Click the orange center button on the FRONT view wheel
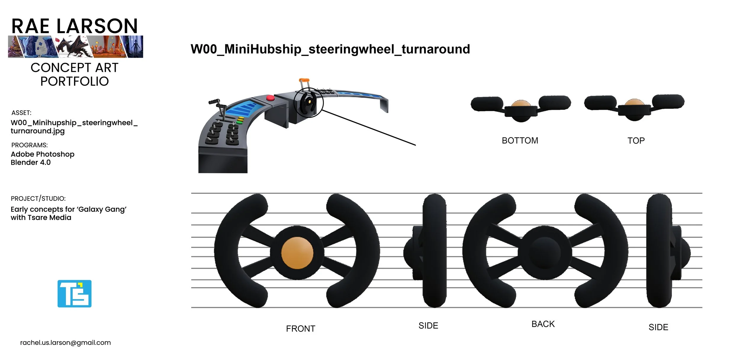tap(297, 253)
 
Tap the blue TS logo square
tap(74, 293)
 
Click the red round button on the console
tap(270, 98)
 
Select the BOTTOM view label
tap(520, 141)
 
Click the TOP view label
tap(636, 141)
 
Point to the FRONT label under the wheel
tap(300, 329)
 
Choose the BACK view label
tap(543, 324)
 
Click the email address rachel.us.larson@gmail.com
tap(65, 343)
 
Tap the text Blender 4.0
tap(30, 162)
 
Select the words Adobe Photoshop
tap(42, 154)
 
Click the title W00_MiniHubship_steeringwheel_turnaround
tap(330, 49)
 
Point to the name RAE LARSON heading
tap(75, 26)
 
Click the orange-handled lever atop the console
tap(304, 80)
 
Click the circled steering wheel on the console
tap(308, 102)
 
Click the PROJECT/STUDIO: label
tap(38, 198)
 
